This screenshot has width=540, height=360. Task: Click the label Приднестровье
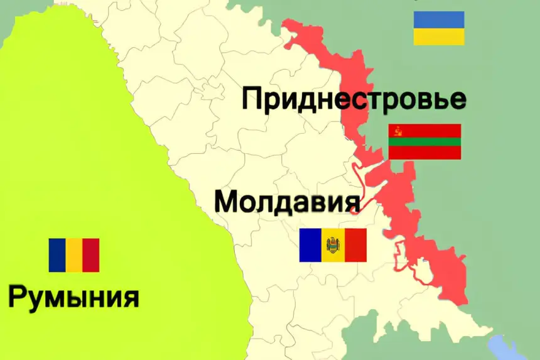[x=354, y=99]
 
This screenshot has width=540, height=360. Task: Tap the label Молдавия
[x=288, y=202]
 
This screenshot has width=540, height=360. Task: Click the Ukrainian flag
[x=439, y=28]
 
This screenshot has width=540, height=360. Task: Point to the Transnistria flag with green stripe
[x=425, y=142]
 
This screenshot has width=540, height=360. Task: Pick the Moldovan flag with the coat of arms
[x=333, y=245]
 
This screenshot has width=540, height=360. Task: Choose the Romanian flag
[x=74, y=255]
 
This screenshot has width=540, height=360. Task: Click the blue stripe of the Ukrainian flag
[x=439, y=19]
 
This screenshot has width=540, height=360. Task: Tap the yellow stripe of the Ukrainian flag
[x=439, y=36]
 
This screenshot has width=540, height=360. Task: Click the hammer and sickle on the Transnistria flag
[x=396, y=131]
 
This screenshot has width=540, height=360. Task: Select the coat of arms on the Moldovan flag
[x=333, y=246]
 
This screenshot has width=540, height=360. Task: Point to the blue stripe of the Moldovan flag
[x=310, y=245]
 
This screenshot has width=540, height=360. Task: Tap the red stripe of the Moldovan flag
[x=355, y=245]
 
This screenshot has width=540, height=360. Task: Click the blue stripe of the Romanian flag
[x=57, y=255]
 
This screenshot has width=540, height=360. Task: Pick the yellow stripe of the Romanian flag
[x=74, y=255]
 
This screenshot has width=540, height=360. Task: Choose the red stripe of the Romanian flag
[x=91, y=255]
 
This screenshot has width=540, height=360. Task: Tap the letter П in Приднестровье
[x=252, y=100]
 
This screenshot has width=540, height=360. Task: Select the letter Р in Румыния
[x=18, y=296]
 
